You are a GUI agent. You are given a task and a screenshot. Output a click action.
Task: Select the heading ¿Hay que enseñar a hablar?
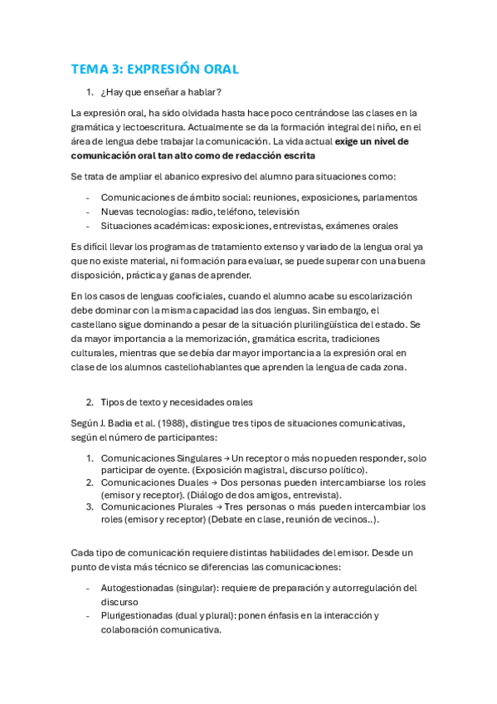[161, 91]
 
